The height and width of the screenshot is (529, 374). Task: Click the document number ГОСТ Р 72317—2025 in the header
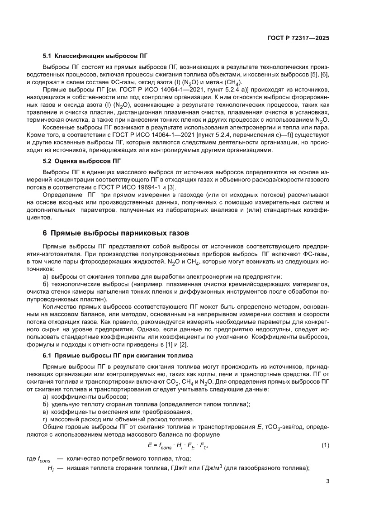point(297,38)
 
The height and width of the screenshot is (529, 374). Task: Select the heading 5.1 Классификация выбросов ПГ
point(95,57)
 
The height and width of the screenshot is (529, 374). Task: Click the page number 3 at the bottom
point(327,481)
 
